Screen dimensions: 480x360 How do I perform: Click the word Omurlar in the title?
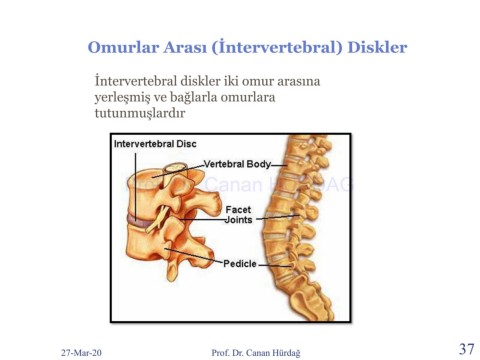point(123,47)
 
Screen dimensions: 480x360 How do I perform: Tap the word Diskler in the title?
point(377,47)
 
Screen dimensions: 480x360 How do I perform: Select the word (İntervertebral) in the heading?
point(277,47)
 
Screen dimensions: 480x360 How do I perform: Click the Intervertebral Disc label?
point(155,144)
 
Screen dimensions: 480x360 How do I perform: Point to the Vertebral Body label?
point(237,164)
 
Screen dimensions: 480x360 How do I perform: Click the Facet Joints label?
point(239,215)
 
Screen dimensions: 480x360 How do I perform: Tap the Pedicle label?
point(240,264)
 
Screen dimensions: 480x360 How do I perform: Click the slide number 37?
point(466,349)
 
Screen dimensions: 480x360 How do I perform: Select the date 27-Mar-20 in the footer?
point(81,352)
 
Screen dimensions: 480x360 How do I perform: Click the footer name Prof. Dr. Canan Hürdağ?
point(256,353)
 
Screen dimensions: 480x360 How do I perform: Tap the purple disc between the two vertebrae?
point(141,221)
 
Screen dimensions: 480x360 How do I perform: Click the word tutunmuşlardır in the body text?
point(140,113)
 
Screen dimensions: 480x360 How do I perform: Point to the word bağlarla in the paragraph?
point(193,97)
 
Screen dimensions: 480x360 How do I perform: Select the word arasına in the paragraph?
point(299,81)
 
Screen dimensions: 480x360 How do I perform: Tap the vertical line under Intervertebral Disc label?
point(136,185)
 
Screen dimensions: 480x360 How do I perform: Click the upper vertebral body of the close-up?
point(145,193)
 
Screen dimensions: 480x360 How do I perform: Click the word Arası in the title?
point(185,47)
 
